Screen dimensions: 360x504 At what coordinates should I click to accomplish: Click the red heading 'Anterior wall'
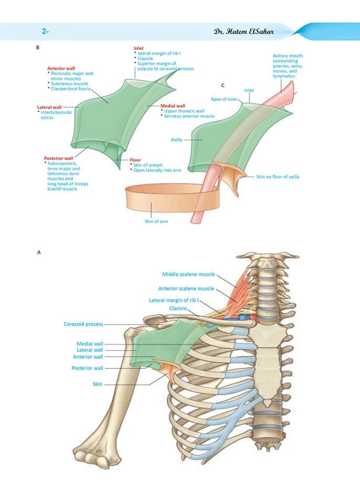click(x=61, y=68)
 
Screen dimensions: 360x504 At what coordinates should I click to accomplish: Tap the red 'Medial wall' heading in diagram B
click(x=173, y=106)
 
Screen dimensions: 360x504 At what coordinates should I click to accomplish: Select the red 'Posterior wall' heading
click(x=58, y=158)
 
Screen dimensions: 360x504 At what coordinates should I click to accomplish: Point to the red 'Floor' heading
click(x=135, y=160)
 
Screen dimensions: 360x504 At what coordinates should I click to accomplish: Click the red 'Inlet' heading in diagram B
click(x=139, y=48)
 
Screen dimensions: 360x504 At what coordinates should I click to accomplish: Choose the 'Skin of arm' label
click(x=156, y=221)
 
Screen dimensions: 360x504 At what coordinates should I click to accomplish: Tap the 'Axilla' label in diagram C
click(x=176, y=140)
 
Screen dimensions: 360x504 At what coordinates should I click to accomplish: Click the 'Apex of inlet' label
click(x=224, y=99)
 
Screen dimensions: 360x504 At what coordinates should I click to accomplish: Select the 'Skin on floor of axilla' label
click(x=278, y=176)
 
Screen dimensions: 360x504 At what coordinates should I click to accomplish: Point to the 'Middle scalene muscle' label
click(x=188, y=274)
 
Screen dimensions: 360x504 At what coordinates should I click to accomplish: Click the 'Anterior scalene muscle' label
click(x=186, y=289)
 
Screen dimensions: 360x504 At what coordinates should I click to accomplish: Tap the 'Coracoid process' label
click(x=83, y=324)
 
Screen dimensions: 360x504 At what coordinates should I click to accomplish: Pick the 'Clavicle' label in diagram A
click(x=178, y=308)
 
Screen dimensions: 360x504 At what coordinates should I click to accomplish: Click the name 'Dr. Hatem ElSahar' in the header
click(x=243, y=31)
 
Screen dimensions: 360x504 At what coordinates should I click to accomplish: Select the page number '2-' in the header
click(x=45, y=31)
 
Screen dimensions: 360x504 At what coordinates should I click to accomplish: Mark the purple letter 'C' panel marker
click(x=223, y=86)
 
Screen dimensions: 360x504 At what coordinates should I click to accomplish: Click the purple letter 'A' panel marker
click(x=39, y=253)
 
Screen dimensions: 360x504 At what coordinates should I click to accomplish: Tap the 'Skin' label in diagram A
click(x=98, y=384)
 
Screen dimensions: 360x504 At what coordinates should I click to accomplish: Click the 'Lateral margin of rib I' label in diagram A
click(x=174, y=300)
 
